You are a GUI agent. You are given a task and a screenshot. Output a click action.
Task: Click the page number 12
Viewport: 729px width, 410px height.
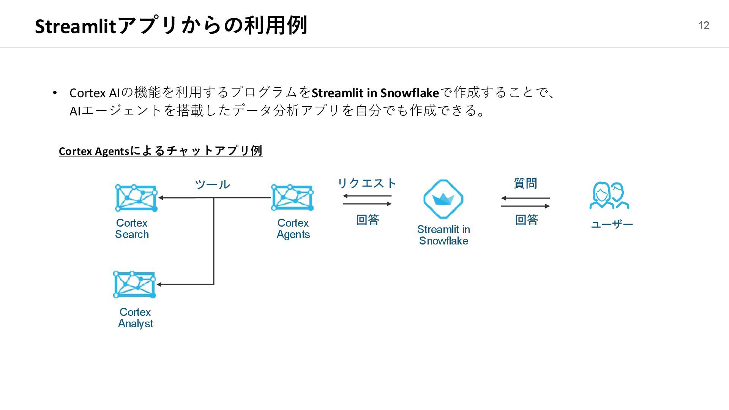[704, 25]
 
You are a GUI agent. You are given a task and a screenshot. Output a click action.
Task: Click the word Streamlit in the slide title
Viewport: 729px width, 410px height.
[75, 26]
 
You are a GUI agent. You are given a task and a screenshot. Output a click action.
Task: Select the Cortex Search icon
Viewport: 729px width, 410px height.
[136, 198]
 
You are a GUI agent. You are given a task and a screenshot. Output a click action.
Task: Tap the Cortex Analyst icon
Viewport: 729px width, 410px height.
[134, 284]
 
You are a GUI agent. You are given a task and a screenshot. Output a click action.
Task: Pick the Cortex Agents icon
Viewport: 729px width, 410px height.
[292, 198]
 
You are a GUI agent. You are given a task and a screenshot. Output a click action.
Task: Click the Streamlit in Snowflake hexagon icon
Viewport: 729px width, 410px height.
[443, 199]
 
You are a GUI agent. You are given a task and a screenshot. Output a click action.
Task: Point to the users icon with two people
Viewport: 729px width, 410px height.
[609, 196]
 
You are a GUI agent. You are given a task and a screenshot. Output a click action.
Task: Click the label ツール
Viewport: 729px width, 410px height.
[212, 184]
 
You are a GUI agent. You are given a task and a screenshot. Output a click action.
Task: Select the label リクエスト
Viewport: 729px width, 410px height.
[367, 183]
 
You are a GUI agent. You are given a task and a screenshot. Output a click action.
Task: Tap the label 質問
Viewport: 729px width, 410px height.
[525, 183]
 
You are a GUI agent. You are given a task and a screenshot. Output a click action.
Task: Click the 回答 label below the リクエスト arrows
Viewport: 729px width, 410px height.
[368, 219]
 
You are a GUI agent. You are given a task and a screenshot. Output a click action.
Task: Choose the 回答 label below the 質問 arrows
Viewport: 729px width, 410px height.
[526, 219]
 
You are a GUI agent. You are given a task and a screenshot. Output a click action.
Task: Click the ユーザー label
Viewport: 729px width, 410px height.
[612, 224]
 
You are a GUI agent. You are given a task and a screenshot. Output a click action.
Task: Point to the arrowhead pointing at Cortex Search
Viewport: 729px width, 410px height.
[161, 198]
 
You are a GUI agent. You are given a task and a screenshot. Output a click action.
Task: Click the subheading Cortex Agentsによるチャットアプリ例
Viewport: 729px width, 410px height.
[161, 151]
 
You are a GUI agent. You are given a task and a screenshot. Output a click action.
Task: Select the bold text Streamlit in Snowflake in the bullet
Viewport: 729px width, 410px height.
[375, 93]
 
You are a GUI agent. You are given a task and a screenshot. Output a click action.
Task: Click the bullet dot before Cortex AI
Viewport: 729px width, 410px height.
[55, 93]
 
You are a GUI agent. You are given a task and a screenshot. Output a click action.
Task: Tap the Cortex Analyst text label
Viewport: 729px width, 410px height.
[135, 318]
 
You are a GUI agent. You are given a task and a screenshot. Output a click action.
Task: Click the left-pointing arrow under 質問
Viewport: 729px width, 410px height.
[525, 198]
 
